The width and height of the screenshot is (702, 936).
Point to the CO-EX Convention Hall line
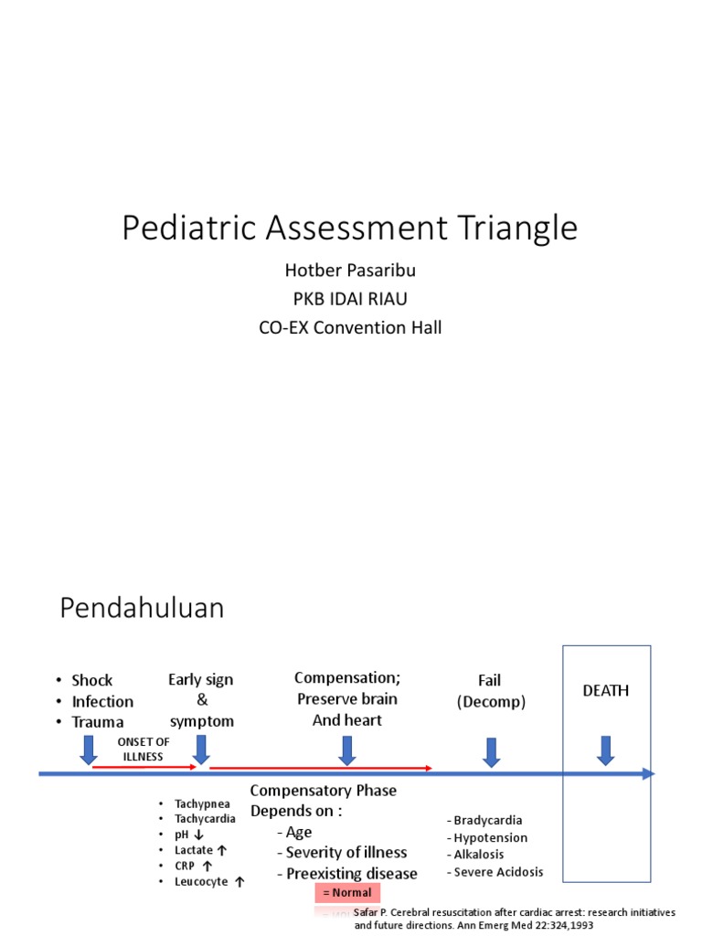tap(350, 327)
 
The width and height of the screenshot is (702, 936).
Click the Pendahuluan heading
tap(142, 608)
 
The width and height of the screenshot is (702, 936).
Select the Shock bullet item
tap(91, 680)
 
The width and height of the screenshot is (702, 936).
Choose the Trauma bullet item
tap(97, 722)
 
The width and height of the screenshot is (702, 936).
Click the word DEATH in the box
tap(606, 690)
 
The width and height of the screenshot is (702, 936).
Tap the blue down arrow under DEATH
tap(605, 750)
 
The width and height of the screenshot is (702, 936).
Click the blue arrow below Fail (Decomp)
tap(491, 751)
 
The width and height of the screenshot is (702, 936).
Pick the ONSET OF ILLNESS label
tap(144, 750)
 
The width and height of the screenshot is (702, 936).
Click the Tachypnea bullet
tap(202, 803)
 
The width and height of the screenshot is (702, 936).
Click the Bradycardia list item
tap(484, 820)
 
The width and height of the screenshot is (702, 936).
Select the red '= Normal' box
tap(347, 893)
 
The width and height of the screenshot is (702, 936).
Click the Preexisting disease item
tap(351, 873)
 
